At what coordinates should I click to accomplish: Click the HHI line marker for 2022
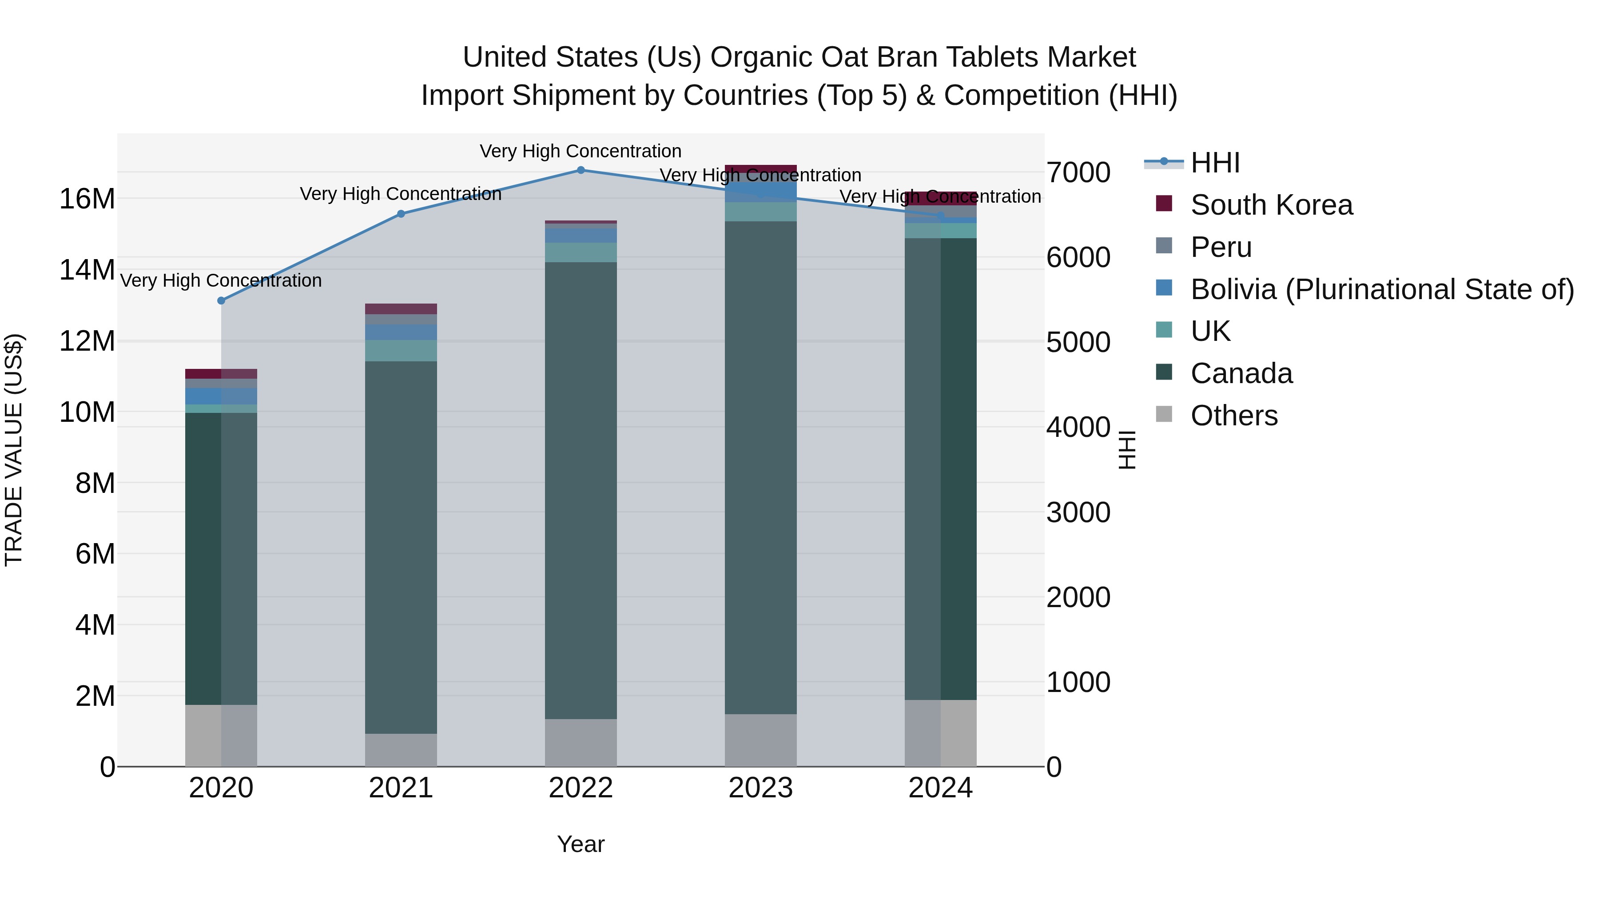pos(581,170)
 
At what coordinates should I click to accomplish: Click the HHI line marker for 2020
pos(221,300)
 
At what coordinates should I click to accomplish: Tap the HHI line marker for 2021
pos(401,214)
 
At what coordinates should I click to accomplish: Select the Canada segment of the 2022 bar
pos(581,491)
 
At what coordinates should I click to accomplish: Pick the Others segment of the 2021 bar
pos(401,750)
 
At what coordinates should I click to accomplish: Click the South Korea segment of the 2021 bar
pos(401,309)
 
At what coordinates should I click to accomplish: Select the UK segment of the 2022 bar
pos(581,252)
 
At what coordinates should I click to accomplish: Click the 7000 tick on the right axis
pos(1078,173)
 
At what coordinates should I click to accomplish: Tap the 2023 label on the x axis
pos(760,788)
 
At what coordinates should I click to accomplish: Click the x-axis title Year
pos(581,844)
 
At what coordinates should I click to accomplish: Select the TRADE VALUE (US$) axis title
pos(14,450)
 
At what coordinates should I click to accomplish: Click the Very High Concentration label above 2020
pos(221,281)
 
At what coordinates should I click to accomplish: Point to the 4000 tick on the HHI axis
pos(1078,427)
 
